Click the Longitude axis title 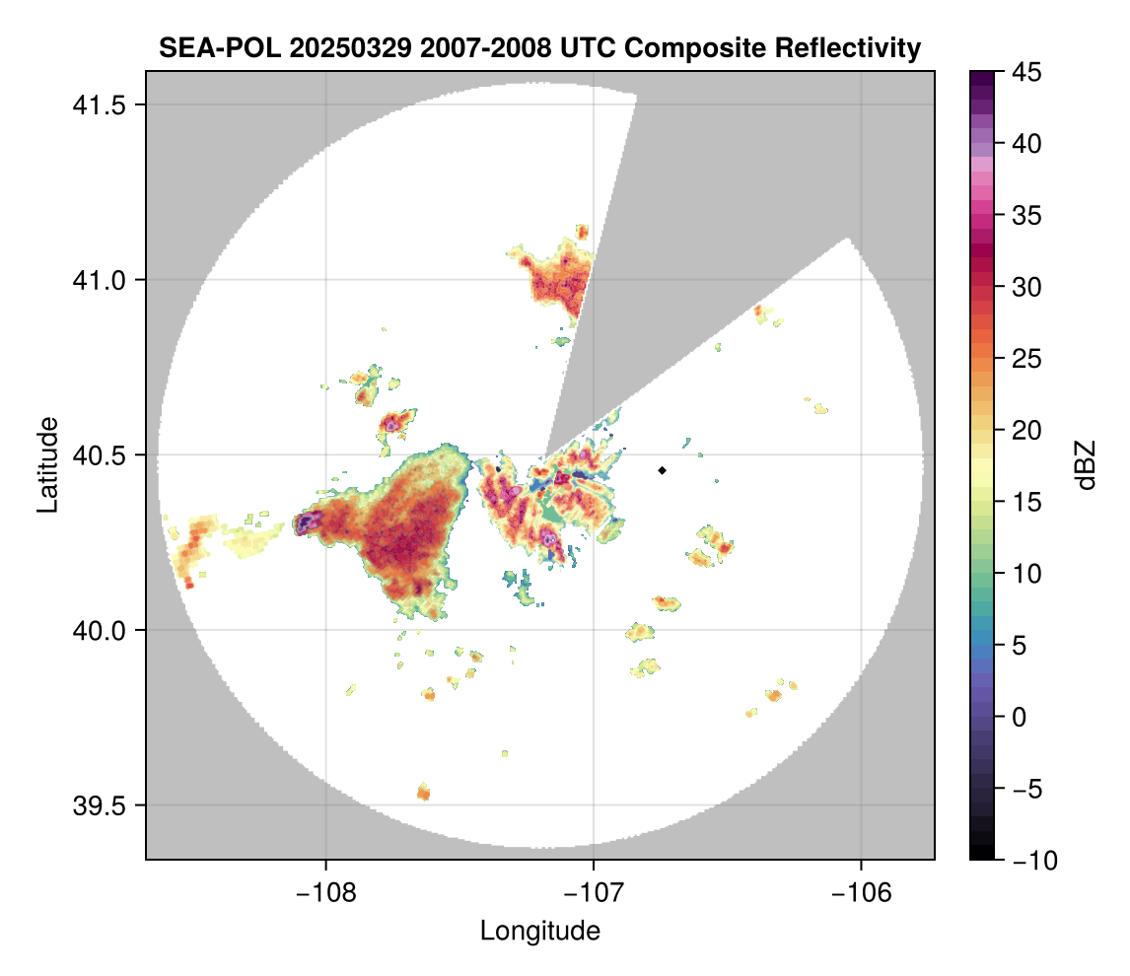(539, 930)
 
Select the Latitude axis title (47, 464)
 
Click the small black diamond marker (662, 470)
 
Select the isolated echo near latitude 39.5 (424, 791)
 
